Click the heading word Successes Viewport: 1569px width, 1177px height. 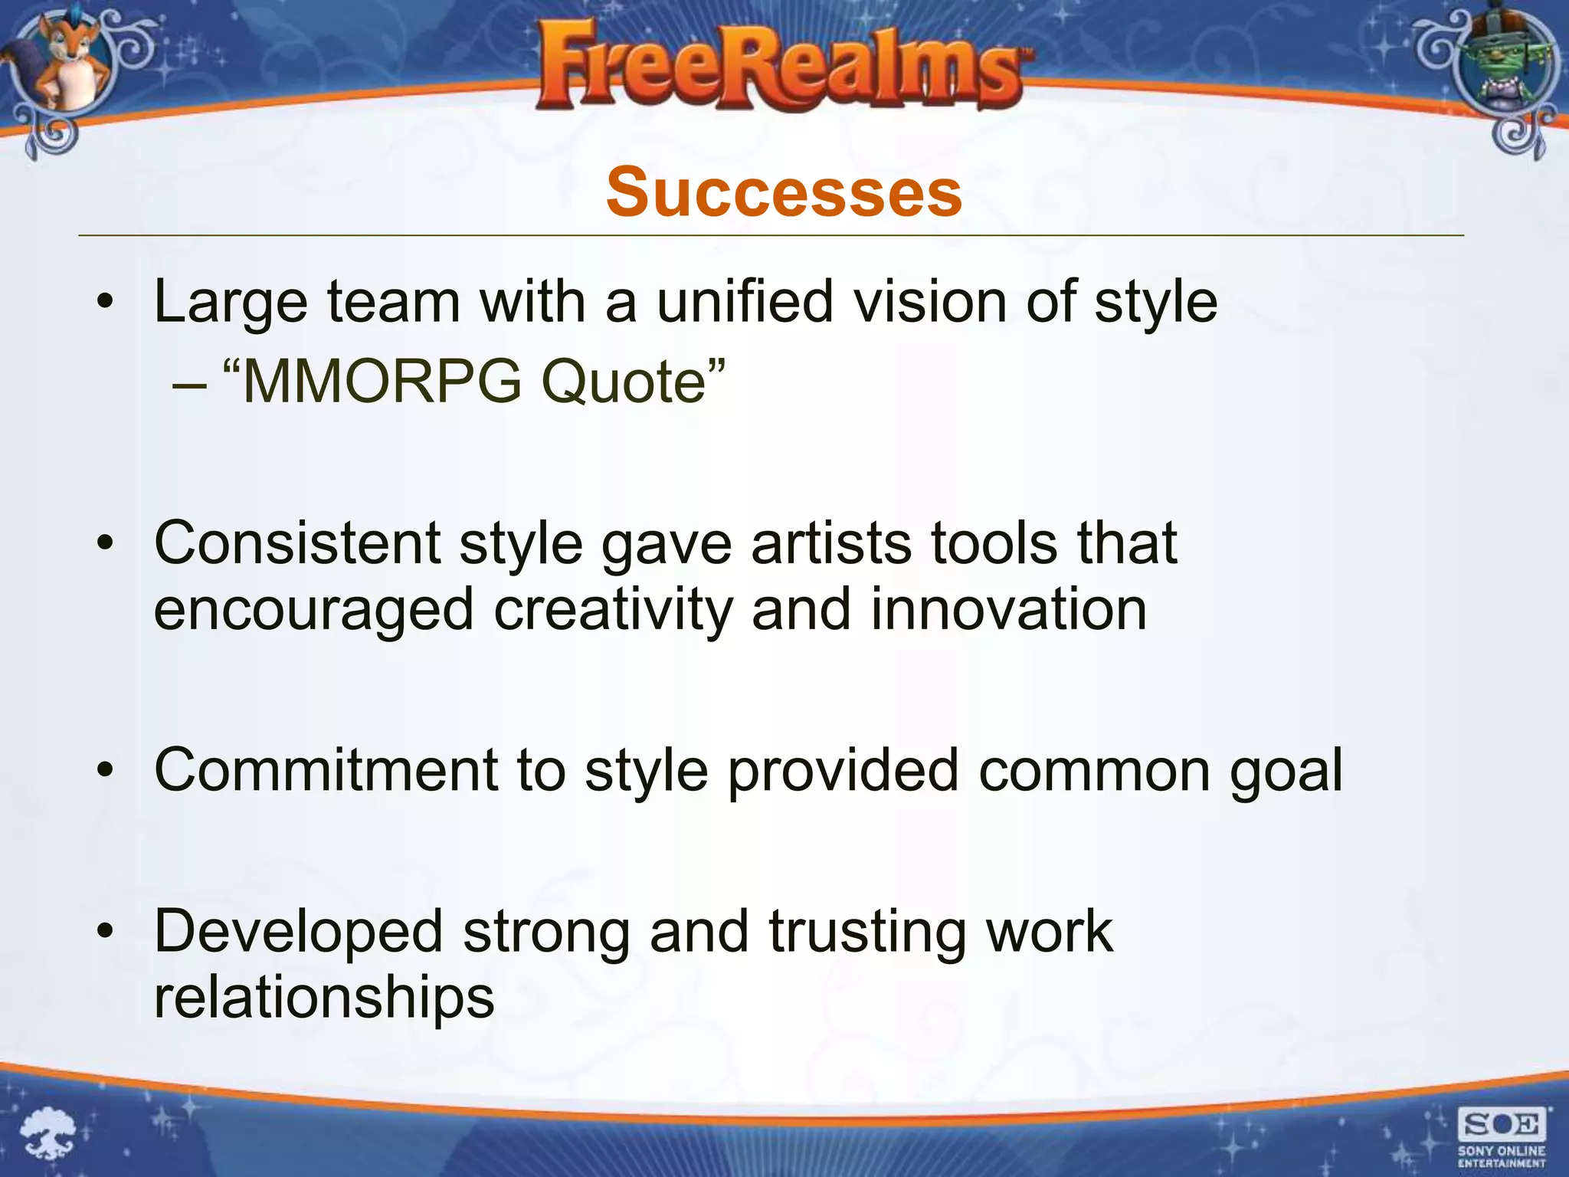pyautogui.click(x=784, y=192)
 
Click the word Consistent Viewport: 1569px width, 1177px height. pyautogui.click(x=297, y=543)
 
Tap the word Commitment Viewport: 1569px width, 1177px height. pyautogui.click(x=326, y=770)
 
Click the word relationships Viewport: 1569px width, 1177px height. pyautogui.click(x=324, y=997)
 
